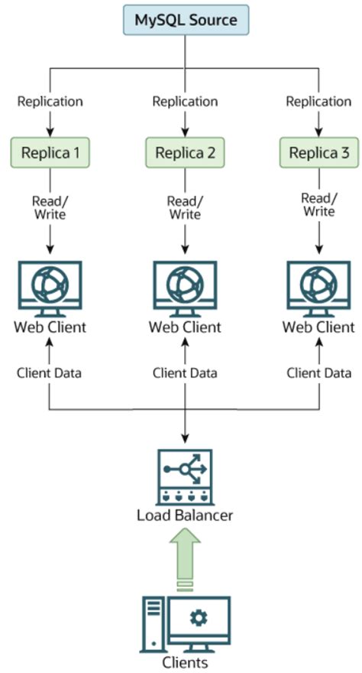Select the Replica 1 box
click(x=50, y=153)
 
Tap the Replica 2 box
click(x=185, y=153)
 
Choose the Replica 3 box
click(x=319, y=153)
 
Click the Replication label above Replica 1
click(x=50, y=101)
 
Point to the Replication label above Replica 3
click(x=319, y=101)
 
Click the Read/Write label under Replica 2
click(x=185, y=207)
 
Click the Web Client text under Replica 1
click(x=50, y=327)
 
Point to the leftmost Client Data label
click(x=50, y=373)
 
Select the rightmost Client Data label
click(x=319, y=373)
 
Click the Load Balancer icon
click(x=185, y=477)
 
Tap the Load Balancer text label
click(x=185, y=515)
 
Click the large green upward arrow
click(x=185, y=557)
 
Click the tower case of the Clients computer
click(x=154, y=623)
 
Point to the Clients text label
click(x=185, y=662)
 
